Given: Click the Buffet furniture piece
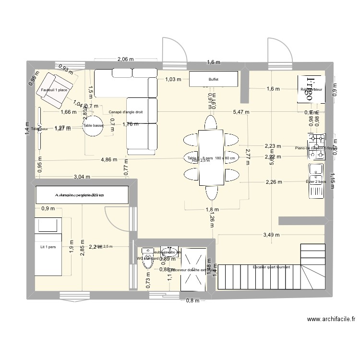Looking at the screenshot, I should tap(214, 79).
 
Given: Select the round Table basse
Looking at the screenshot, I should tap(93, 126).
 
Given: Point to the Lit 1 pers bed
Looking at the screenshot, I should tap(48, 247).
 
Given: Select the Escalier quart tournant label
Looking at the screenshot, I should tap(271, 267).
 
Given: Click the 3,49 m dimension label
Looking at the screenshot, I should tap(271, 235).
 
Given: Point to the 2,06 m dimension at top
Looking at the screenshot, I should tap(125, 59).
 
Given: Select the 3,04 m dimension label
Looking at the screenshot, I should tap(82, 177).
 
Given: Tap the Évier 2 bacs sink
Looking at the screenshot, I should tap(316, 181).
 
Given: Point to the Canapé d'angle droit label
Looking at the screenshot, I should tap(126, 112).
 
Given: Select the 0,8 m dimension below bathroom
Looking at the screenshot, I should tap(192, 301).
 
